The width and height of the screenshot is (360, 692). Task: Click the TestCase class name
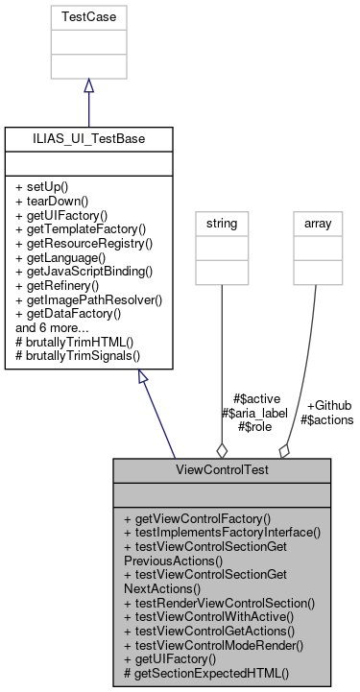coord(88,17)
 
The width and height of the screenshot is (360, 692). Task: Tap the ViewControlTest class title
coord(222,471)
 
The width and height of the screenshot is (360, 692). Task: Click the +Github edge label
coord(328,406)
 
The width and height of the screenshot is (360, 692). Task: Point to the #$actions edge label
coord(326,419)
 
